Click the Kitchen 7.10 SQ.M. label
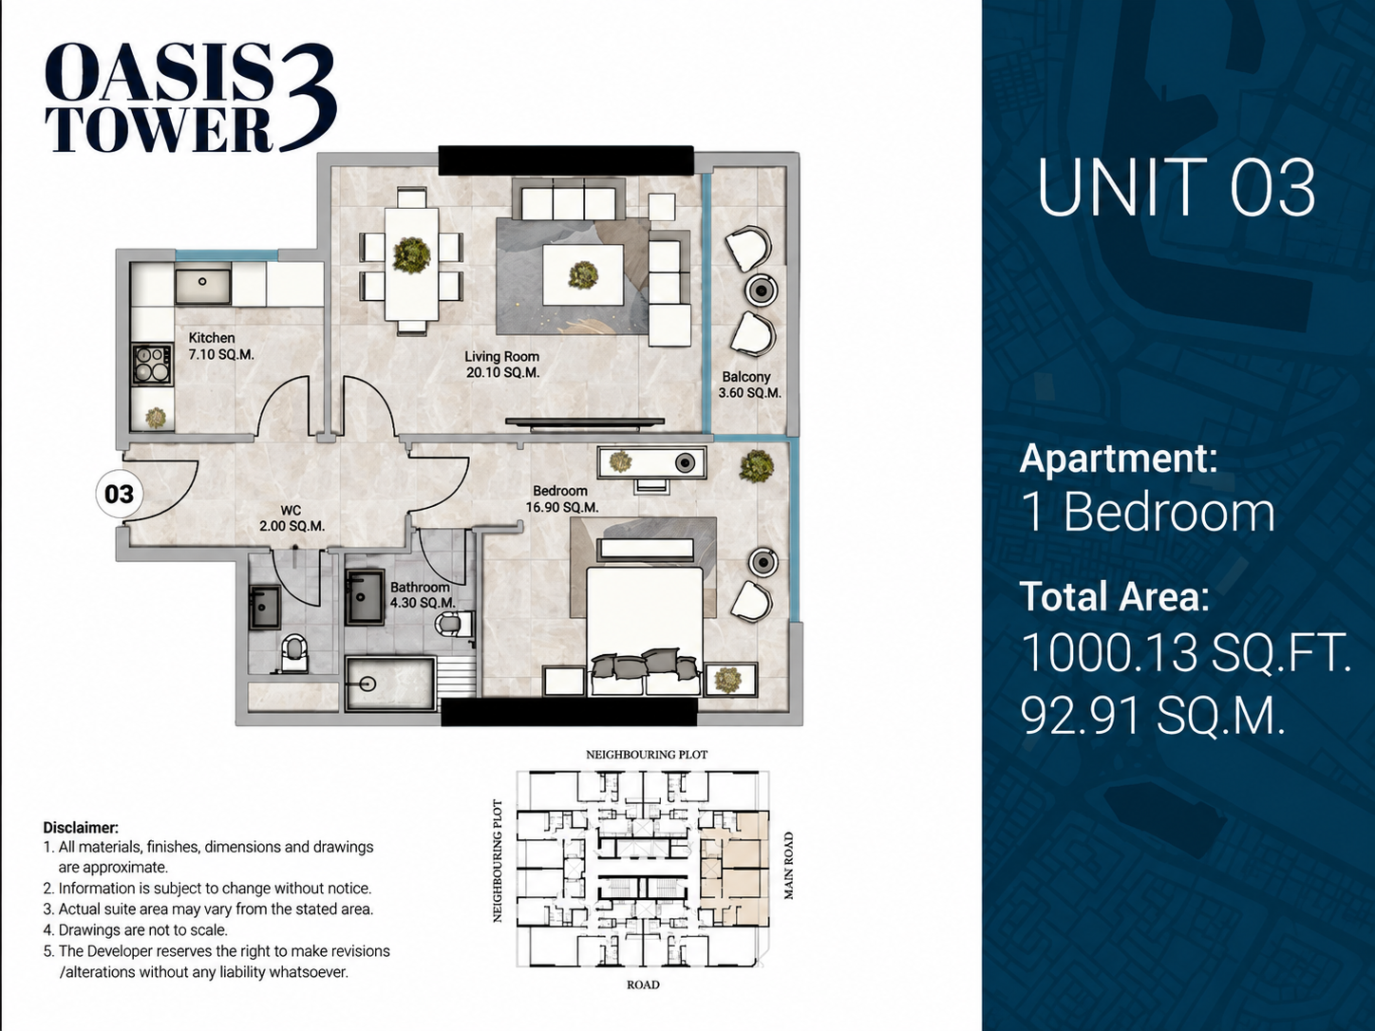pyautogui.click(x=221, y=347)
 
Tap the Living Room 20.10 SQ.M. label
pyautogui.click(x=502, y=365)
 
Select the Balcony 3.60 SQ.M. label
pyautogui.click(x=750, y=385)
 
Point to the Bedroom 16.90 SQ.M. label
pyautogui.click(x=561, y=499)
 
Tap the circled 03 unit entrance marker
pyautogui.click(x=119, y=494)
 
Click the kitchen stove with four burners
pyautogui.click(x=152, y=365)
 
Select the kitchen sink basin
pyautogui.click(x=202, y=286)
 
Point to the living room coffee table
pyautogui.click(x=583, y=275)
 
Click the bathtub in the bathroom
pyautogui.click(x=390, y=684)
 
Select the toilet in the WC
pyautogui.click(x=293, y=654)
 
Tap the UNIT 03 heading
pyautogui.click(x=1177, y=188)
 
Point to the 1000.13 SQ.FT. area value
pyautogui.click(x=1186, y=652)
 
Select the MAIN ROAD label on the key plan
pyautogui.click(x=788, y=865)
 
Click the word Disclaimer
pyautogui.click(x=81, y=828)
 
